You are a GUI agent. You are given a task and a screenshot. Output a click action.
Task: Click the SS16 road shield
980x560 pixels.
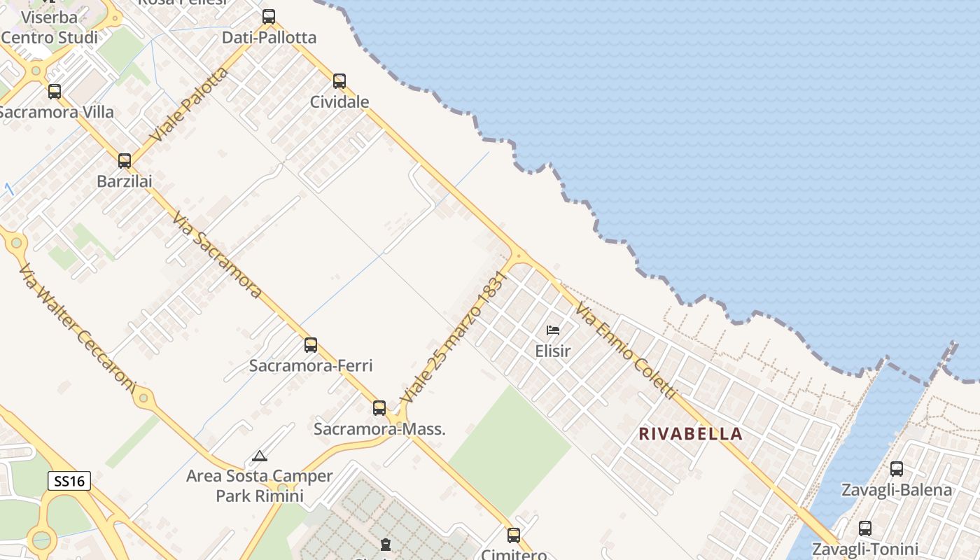[69, 481]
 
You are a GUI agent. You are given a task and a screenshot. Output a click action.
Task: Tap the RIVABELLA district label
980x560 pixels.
[690, 434]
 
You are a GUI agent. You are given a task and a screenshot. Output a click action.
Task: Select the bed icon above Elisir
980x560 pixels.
[553, 330]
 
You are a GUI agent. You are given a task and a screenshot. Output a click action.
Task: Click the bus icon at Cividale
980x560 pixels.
[339, 81]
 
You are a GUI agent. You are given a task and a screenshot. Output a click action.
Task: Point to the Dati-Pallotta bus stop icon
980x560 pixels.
[269, 17]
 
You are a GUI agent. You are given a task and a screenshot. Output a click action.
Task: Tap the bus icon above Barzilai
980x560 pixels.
[125, 161]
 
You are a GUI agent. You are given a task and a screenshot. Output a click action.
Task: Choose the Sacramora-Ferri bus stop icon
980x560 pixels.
[311, 345]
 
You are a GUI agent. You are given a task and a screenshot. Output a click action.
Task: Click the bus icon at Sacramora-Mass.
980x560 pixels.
[379, 407]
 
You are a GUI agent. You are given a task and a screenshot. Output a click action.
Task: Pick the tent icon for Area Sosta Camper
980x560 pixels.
[260, 456]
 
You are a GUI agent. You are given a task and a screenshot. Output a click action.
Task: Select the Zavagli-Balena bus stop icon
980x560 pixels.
[897, 469]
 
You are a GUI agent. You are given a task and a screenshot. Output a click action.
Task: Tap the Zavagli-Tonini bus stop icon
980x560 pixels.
[865, 528]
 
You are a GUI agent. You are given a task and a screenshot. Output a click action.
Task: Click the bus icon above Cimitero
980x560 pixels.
[514, 535]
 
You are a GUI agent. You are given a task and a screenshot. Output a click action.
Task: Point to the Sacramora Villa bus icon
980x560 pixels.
[55, 92]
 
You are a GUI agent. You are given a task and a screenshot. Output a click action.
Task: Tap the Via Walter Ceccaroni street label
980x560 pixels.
[77, 326]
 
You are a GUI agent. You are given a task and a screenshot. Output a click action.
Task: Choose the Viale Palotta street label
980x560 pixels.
[189, 105]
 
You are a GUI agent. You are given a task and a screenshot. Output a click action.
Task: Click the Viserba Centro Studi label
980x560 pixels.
[49, 27]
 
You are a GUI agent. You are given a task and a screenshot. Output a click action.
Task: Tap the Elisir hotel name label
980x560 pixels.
[553, 351]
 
